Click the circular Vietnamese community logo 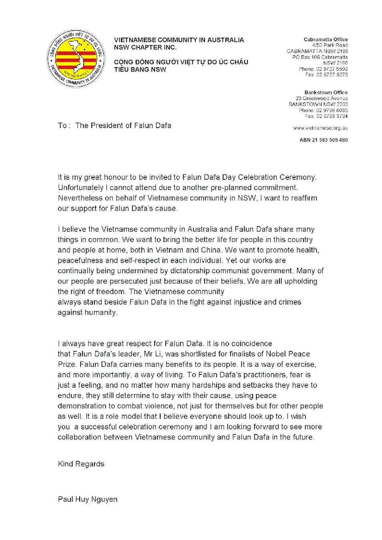76,58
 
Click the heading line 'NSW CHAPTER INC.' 145,47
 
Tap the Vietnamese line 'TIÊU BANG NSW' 140,69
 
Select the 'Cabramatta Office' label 326,40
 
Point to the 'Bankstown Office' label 326,92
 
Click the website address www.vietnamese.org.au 320,128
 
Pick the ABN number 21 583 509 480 324,140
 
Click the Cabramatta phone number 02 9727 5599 332,69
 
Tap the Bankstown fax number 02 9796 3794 332,116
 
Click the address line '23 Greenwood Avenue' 322,98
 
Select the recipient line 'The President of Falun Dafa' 123,126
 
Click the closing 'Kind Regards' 81,464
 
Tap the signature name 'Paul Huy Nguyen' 88,499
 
